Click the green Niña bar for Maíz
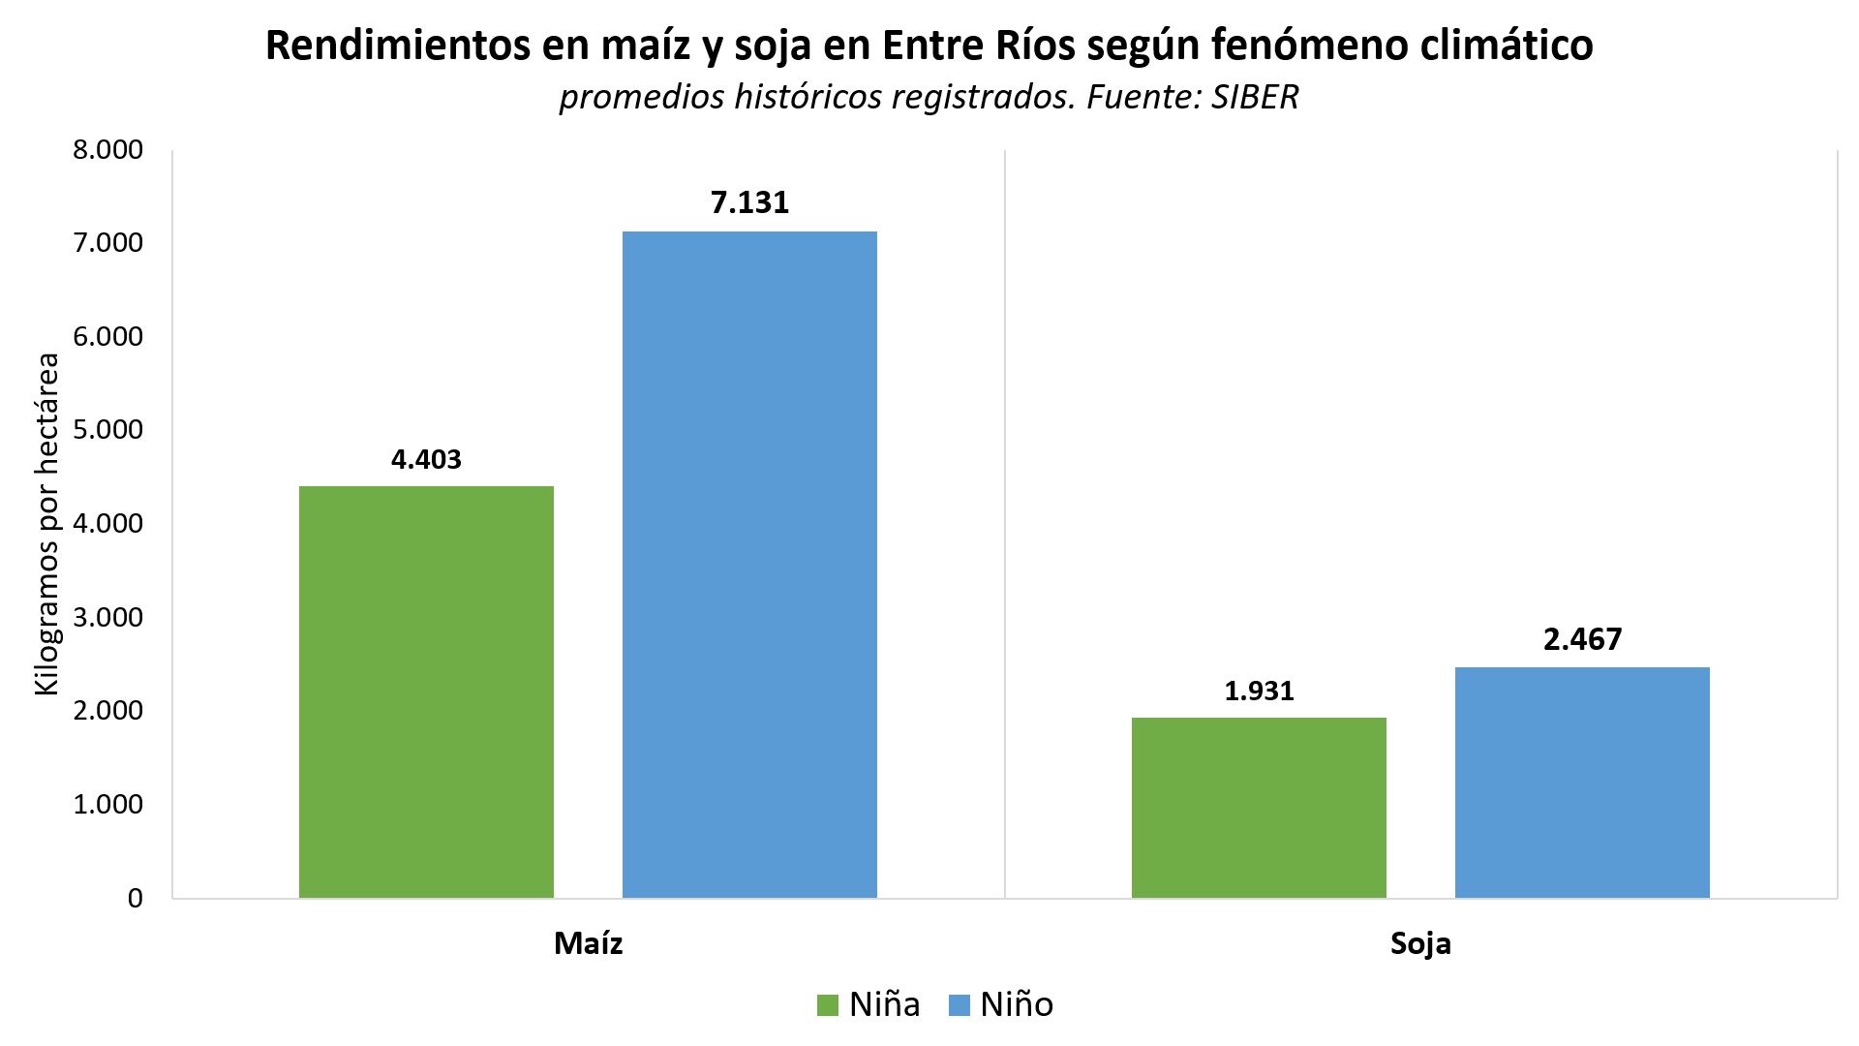426,692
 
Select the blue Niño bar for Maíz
749,565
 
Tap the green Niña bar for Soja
1259,808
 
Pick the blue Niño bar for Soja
1582,783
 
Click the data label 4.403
426,459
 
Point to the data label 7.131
749,202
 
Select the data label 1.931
1259,691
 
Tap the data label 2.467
1582,639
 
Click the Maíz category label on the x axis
588,943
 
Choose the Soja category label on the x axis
1420,943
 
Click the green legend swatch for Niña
828,1005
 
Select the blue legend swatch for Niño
959,1005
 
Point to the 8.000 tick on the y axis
107,150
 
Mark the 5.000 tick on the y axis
107,430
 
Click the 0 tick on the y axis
135,899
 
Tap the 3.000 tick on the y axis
107,618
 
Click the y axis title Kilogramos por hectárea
46,523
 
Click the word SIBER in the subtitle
1254,98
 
